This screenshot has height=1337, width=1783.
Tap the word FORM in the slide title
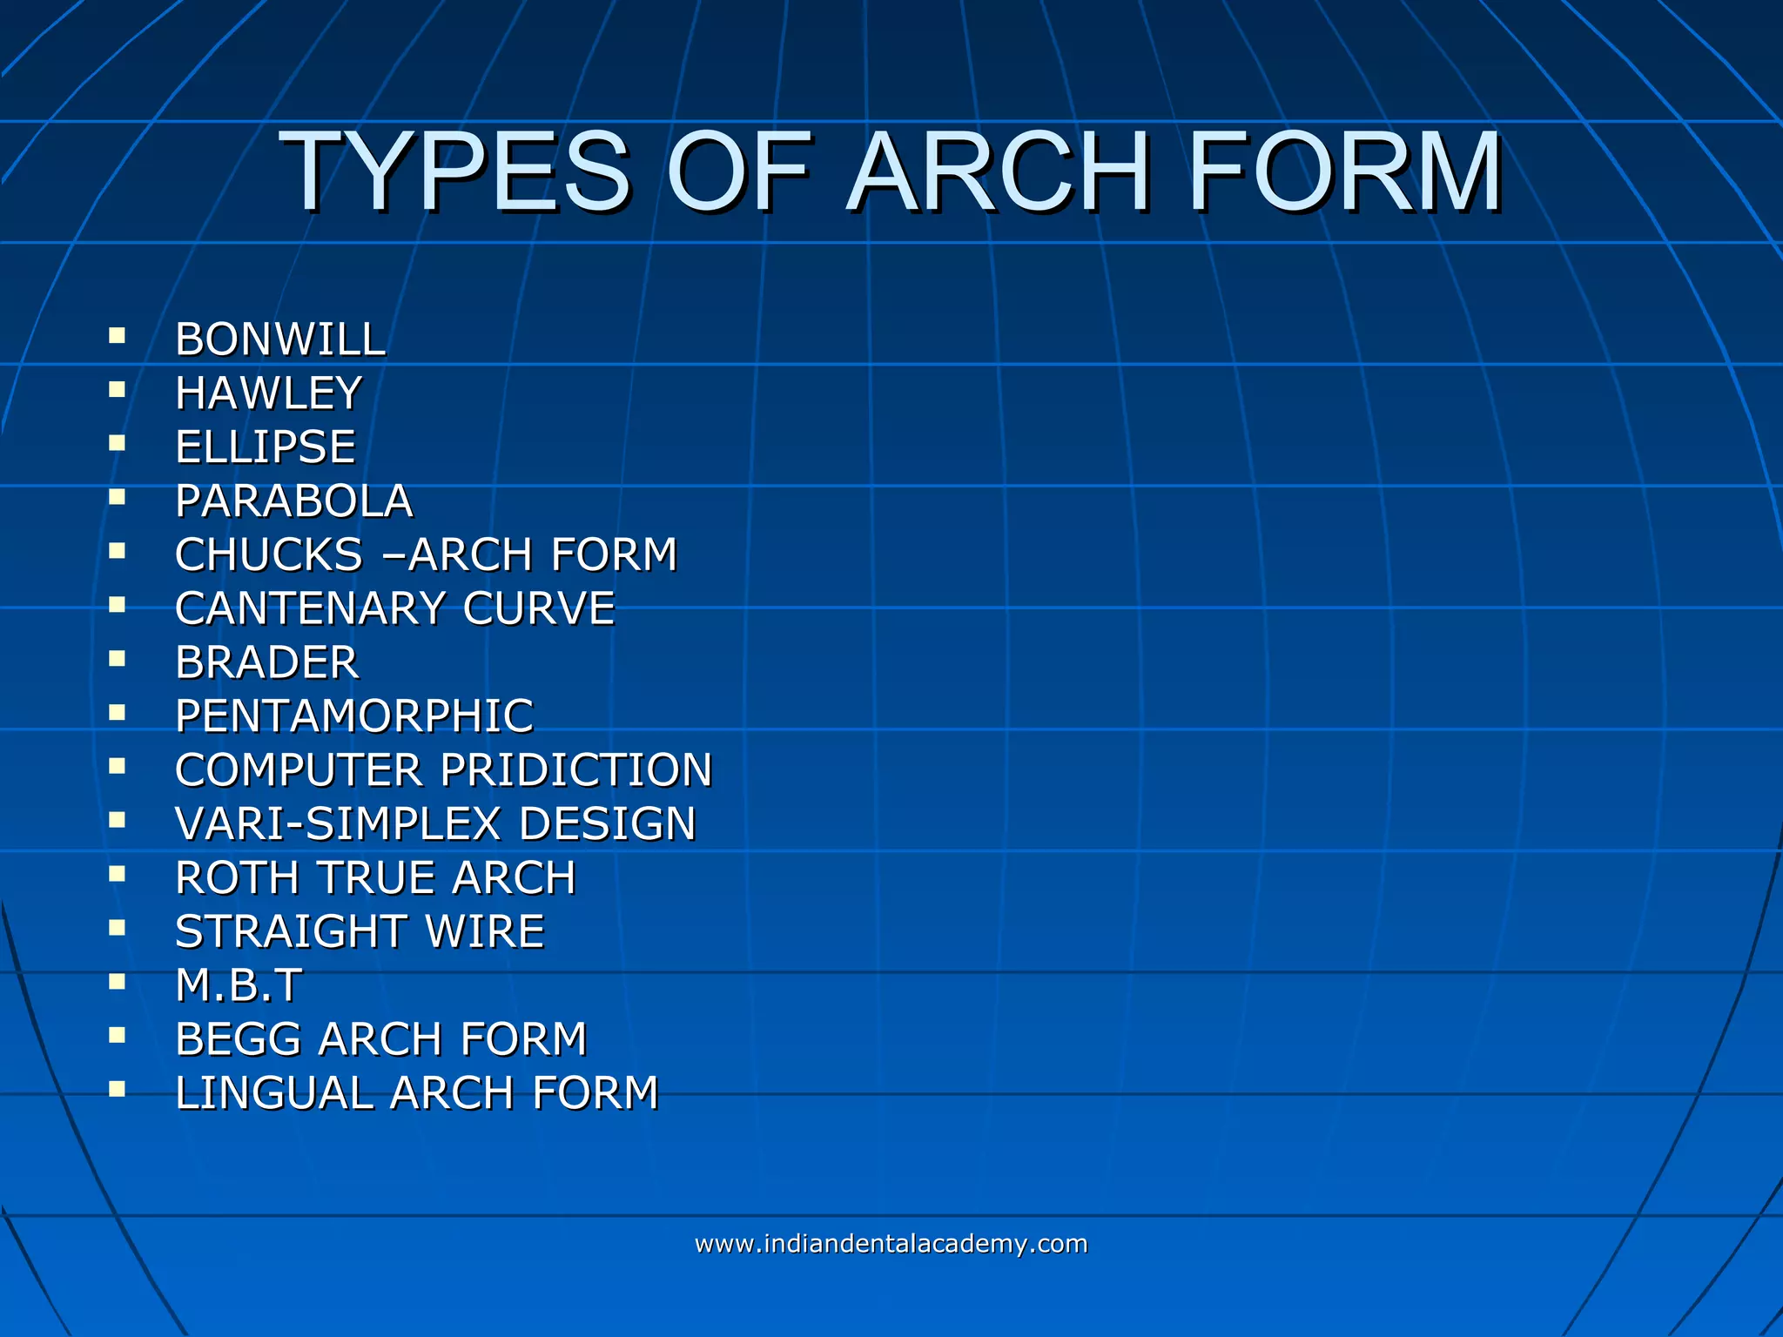click(x=1344, y=172)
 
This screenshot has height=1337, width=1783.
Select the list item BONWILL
click(x=280, y=339)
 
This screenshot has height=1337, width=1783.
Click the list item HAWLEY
click(x=268, y=393)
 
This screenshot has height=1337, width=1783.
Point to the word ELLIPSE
click(x=266, y=447)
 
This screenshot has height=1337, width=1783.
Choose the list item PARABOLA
click(x=294, y=501)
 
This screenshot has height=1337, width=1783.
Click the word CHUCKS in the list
click(x=268, y=555)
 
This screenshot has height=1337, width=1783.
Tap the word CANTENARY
click(x=311, y=609)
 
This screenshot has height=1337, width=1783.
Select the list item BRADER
click(x=266, y=663)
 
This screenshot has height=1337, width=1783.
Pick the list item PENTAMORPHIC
click(x=354, y=717)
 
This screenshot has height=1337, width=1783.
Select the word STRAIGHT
click(x=291, y=932)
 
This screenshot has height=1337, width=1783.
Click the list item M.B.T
click(x=239, y=986)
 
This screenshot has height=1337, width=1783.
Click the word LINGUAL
click(x=273, y=1094)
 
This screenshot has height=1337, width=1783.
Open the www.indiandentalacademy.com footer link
click(x=891, y=1244)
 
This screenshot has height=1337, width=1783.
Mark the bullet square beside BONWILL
click(x=118, y=335)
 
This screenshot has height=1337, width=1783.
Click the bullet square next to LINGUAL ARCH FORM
click(x=118, y=1089)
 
